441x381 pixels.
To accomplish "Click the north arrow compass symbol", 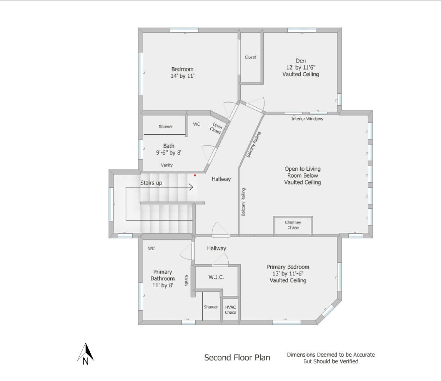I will pos(86,353).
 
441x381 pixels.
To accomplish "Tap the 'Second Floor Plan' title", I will pos(237,357).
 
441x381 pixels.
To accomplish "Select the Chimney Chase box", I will pos(293,225).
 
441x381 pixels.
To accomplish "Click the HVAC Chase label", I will pos(230,309).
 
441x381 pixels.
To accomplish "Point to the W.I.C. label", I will pos(216,278).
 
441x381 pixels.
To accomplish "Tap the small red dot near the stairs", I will pos(195,175).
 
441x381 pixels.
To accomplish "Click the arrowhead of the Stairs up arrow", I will pos(191,188).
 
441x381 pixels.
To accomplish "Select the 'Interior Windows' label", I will pos(307,119).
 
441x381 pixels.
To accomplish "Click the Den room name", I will pos(301,61).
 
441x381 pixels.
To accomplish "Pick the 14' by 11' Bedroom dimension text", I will pos(182,76).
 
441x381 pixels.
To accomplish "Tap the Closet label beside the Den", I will pos(250,57).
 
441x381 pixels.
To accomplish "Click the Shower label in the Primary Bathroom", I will pos(211,307).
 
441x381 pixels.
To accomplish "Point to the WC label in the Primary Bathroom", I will pos(151,248).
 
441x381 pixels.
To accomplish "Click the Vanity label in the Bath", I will pos(167,165).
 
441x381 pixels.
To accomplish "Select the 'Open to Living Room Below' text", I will pos(303,172).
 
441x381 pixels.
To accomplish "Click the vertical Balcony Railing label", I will pos(243,202).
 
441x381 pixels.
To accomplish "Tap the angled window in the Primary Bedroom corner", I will pos(328,311).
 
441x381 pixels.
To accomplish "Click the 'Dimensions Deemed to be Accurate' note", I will pos(331,355).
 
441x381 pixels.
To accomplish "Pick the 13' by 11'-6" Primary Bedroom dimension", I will pos(288,274).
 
